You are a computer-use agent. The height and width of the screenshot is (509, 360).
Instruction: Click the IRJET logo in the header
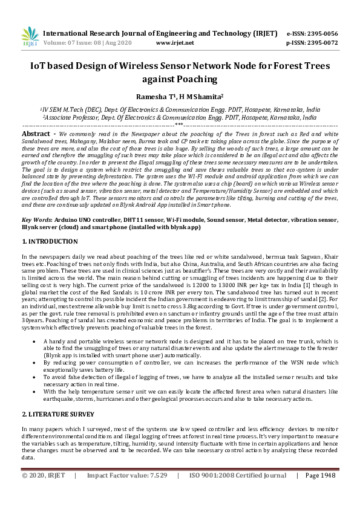(28, 37)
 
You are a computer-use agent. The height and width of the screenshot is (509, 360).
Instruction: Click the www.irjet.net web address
(175, 43)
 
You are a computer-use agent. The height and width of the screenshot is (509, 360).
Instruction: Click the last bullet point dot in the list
(38, 392)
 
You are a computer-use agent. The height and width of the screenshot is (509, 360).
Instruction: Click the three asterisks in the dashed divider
(179, 125)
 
